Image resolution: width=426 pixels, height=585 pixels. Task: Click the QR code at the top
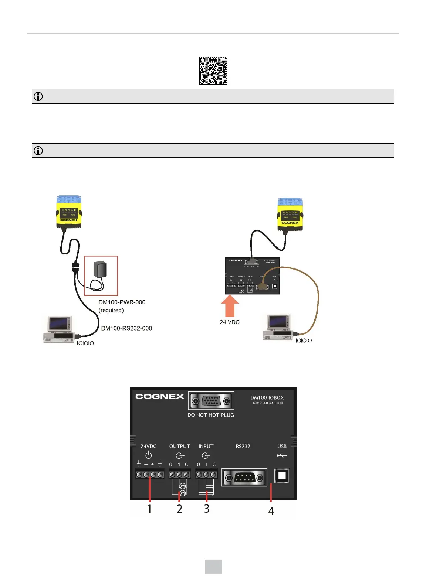(x=213, y=71)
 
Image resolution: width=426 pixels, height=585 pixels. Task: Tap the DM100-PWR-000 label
(x=122, y=302)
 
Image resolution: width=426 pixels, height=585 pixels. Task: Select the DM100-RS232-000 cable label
(x=126, y=328)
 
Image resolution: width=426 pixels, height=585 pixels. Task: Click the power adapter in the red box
(x=100, y=270)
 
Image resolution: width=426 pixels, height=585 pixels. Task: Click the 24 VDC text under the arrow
(x=230, y=322)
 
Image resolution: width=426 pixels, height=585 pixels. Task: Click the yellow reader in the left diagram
(x=69, y=212)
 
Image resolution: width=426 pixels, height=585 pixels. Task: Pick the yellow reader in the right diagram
(x=290, y=214)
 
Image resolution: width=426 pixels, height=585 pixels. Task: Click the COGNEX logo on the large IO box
(x=159, y=397)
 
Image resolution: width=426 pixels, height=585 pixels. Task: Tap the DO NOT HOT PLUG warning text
(x=210, y=415)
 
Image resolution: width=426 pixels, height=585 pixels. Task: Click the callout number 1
(x=149, y=509)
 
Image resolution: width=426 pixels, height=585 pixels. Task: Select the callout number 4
(x=271, y=511)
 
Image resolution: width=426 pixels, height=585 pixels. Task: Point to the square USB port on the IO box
(x=282, y=476)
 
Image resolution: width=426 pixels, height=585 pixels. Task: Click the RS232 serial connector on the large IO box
(x=244, y=478)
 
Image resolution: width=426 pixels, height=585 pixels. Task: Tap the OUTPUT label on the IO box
(x=179, y=446)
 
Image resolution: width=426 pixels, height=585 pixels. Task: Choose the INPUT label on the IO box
(x=206, y=446)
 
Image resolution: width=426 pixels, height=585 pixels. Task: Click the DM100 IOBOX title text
(x=267, y=398)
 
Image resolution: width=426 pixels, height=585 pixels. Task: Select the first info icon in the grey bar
(x=38, y=96)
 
